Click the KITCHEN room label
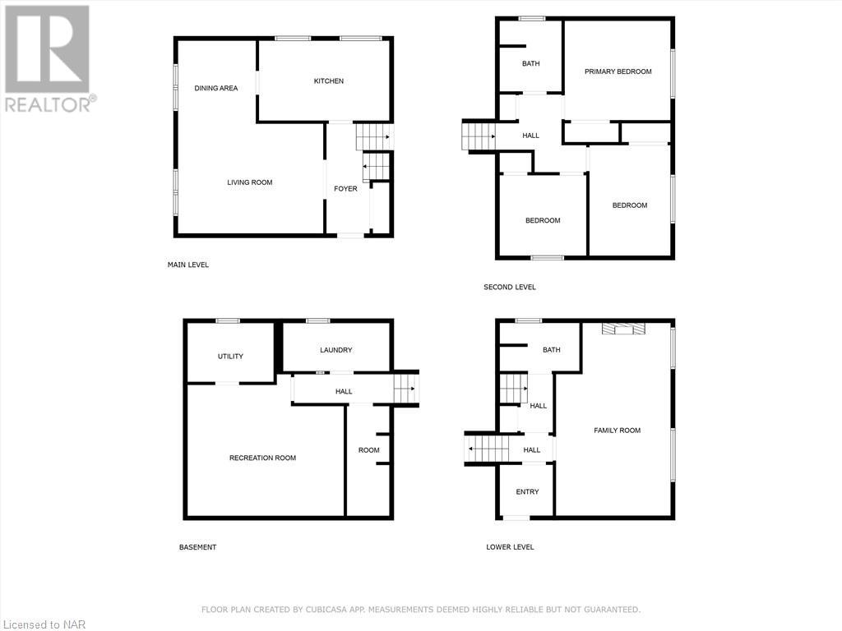click(328, 81)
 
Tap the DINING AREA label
click(216, 88)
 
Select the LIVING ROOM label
click(250, 182)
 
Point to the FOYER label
click(345, 189)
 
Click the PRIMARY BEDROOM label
click(618, 71)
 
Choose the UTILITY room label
click(230, 357)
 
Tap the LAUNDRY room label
click(335, 350)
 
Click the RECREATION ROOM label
click(262, 458)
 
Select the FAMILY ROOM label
click(618, 431)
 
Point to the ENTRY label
click(527, 492)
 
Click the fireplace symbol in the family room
click(623, 329)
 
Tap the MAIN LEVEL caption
click(188, 265)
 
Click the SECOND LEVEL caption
click(510, 287)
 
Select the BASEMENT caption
click(198, 547)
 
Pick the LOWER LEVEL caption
click(510, 547)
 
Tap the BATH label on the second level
click(531, 63)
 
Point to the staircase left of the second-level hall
click(477, 136)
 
